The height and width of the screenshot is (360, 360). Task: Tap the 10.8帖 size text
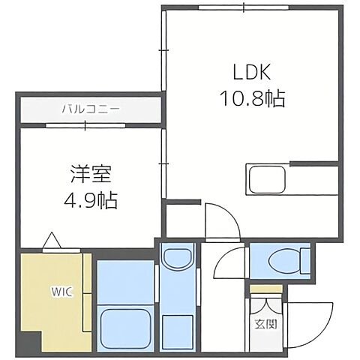[x=253, y=99]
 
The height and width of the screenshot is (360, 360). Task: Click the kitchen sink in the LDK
[x=264, y=181]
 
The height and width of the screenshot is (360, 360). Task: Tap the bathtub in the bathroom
[x=124, y=326]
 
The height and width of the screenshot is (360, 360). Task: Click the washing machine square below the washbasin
[x=177, y=327]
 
